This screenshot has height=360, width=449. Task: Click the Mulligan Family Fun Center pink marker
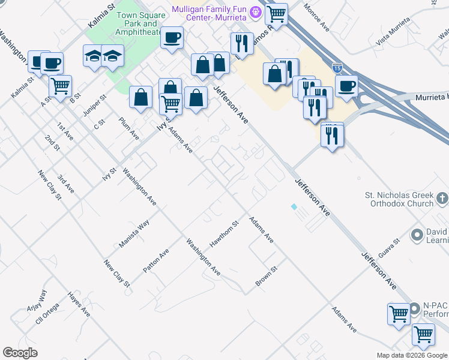tap(256, 11)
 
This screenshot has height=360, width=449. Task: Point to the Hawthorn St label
tap(224, 233)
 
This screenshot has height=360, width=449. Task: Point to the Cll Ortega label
tap(47, 312)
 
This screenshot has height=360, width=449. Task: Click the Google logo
tap(20, 353)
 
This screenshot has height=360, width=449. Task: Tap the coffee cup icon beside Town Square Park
tap(172, 38)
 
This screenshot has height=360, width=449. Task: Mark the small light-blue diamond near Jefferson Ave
tap(294, 206)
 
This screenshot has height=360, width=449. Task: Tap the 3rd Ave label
tap(66, 184)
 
